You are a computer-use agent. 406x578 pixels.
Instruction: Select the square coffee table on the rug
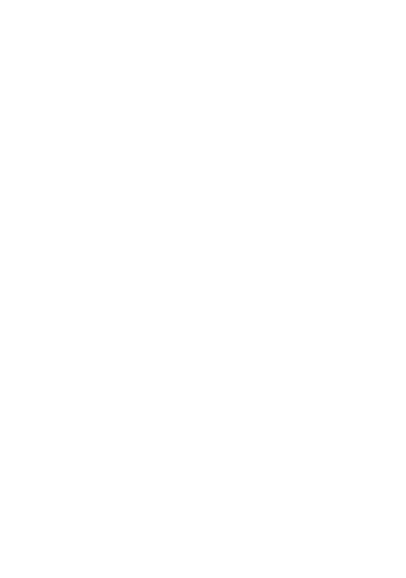click(x=157, y=297)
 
